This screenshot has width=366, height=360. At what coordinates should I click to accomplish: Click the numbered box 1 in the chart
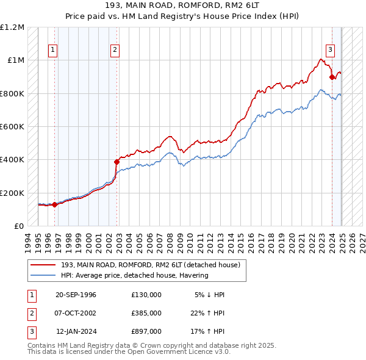(54, 50)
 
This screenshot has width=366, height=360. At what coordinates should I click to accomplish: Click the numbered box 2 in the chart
(115, 50)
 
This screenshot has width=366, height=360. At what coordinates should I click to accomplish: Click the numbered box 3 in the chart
(330, 50)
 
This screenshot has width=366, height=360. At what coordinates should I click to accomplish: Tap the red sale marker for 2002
(118, 162)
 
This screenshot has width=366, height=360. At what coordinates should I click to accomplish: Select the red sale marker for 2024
(332, 77)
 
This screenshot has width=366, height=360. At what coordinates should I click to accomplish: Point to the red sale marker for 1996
(55, 204)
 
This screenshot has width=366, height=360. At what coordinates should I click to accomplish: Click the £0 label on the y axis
(18, 226)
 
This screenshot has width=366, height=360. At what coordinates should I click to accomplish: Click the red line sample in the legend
(43, 265)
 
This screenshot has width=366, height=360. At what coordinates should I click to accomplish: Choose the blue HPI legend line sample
(43, 275)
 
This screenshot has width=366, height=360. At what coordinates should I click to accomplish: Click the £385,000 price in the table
(146, 313)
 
